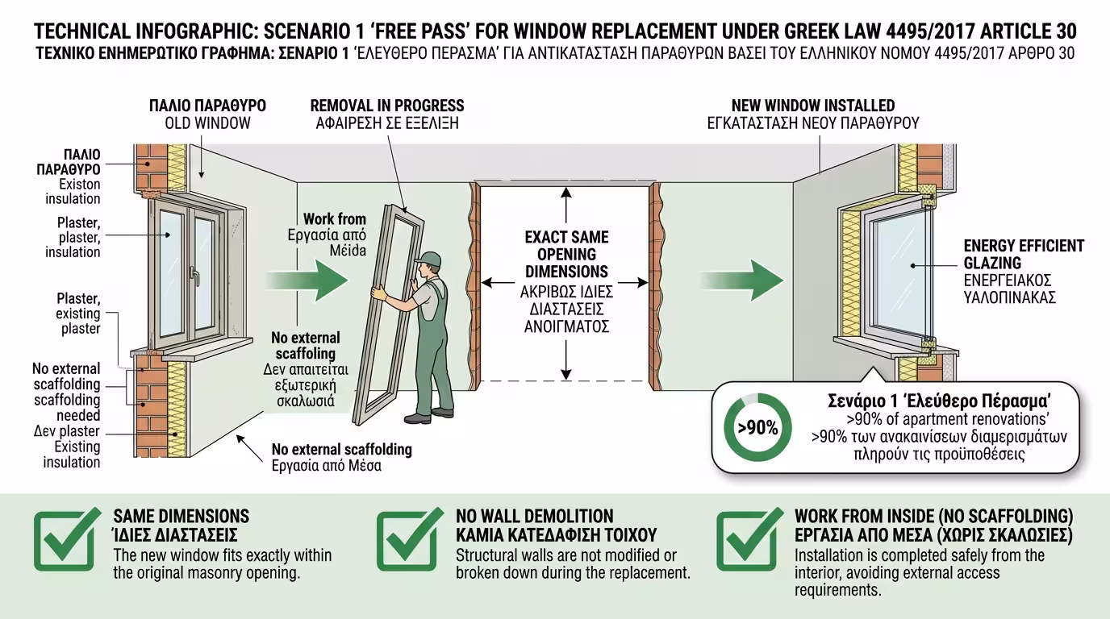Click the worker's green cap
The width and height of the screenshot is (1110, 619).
click(431, 260)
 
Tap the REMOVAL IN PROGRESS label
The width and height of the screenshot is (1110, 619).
click(387, 106)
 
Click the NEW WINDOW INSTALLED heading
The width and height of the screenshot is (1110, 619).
click(812, 106)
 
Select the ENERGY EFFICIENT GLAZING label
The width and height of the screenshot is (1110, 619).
click(1024, 254)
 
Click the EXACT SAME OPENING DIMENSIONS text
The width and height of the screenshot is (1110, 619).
click(566, 255)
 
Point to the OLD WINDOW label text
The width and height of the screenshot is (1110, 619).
click(207, 123)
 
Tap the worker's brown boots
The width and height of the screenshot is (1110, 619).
click(419, 418)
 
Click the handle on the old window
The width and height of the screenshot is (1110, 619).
click(196, 275)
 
